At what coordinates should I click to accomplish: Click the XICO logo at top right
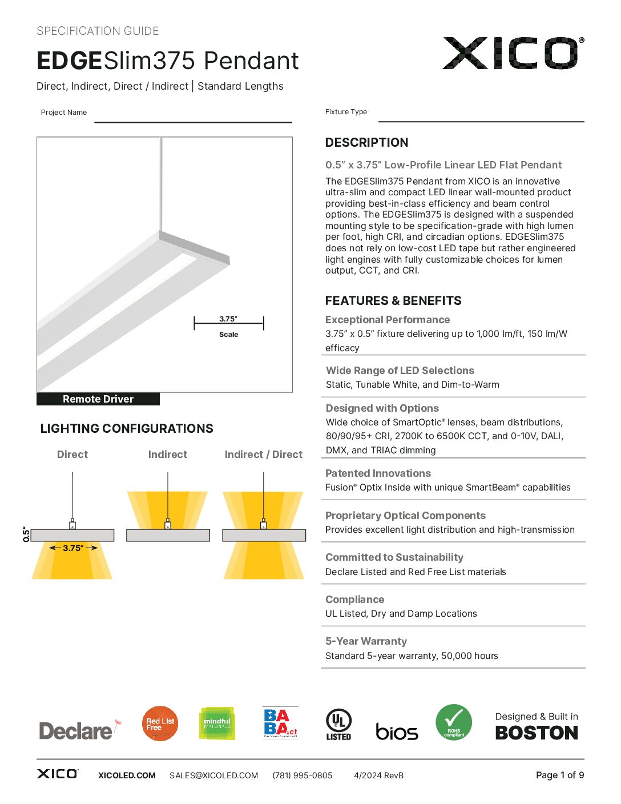(x=513, y=53)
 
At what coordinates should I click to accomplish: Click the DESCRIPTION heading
(x=366, y=143)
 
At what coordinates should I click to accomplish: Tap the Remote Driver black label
(x=98, y=399)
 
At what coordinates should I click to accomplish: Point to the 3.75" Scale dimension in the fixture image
(x=228, y=324)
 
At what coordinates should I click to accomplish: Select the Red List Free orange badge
(x=160, y=723)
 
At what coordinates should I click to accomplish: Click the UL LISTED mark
(x=338, y=724)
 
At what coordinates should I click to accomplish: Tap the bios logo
(x=397, y=731)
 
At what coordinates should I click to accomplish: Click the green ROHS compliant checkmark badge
(x=454, y=722)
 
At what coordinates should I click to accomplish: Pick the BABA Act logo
(x=280, y=723)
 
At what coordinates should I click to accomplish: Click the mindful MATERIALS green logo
(x=217, y=723)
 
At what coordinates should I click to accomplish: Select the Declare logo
(x=76, y=730)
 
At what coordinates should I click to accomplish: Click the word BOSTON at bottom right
(x=537, y=733)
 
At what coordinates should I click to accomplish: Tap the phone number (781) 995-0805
(x=302, y=775)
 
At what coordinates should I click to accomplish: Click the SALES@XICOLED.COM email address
(x=213, y=775)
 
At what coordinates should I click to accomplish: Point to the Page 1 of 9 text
(x=559, y=775)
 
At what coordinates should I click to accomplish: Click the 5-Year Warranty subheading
(x=366, y=641)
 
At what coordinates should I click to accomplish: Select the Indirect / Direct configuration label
(x=263, y=455)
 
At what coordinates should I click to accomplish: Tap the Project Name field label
(x=64, y=112)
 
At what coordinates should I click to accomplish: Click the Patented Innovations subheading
(x=378, y=473)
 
